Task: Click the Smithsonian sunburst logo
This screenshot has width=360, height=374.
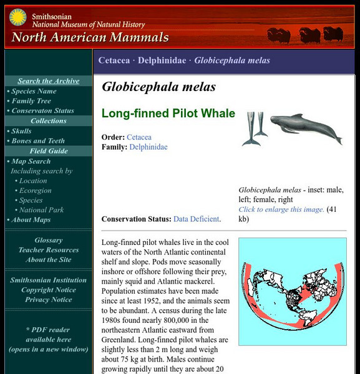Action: (x=17, y=17)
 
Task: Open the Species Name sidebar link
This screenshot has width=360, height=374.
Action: (x=34, y=91)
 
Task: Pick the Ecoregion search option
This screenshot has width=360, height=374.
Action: (x=35, y=191)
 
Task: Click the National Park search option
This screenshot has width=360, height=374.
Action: (x=41, y=210)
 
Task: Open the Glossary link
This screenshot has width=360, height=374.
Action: (x=49, y=240)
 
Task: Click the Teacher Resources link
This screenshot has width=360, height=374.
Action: (x=49, y=250)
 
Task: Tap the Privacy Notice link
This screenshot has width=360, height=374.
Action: (x=49, y=300)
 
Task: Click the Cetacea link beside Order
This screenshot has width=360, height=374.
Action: (x=139, y=137)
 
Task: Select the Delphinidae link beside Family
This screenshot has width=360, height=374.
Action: (x=148, y=147)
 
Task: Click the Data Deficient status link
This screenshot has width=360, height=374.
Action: (x=196, y=219)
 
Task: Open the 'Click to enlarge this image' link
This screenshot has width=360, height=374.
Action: (x=281, y=209)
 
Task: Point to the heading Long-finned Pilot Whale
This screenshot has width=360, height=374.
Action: (x=168, y=113)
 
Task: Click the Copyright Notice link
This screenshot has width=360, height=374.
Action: (x=49, y=290)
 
